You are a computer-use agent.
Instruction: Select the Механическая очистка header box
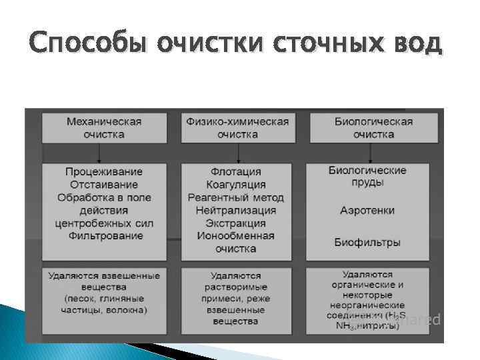[104, 127]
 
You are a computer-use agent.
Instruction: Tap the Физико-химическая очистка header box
[237, 127]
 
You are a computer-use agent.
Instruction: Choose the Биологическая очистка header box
[373, 127]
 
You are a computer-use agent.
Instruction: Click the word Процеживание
[104, 172]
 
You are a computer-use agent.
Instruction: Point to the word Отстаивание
[104, 185]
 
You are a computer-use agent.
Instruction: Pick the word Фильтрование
[104, 235]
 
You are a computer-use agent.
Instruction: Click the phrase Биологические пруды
[367, 176]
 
